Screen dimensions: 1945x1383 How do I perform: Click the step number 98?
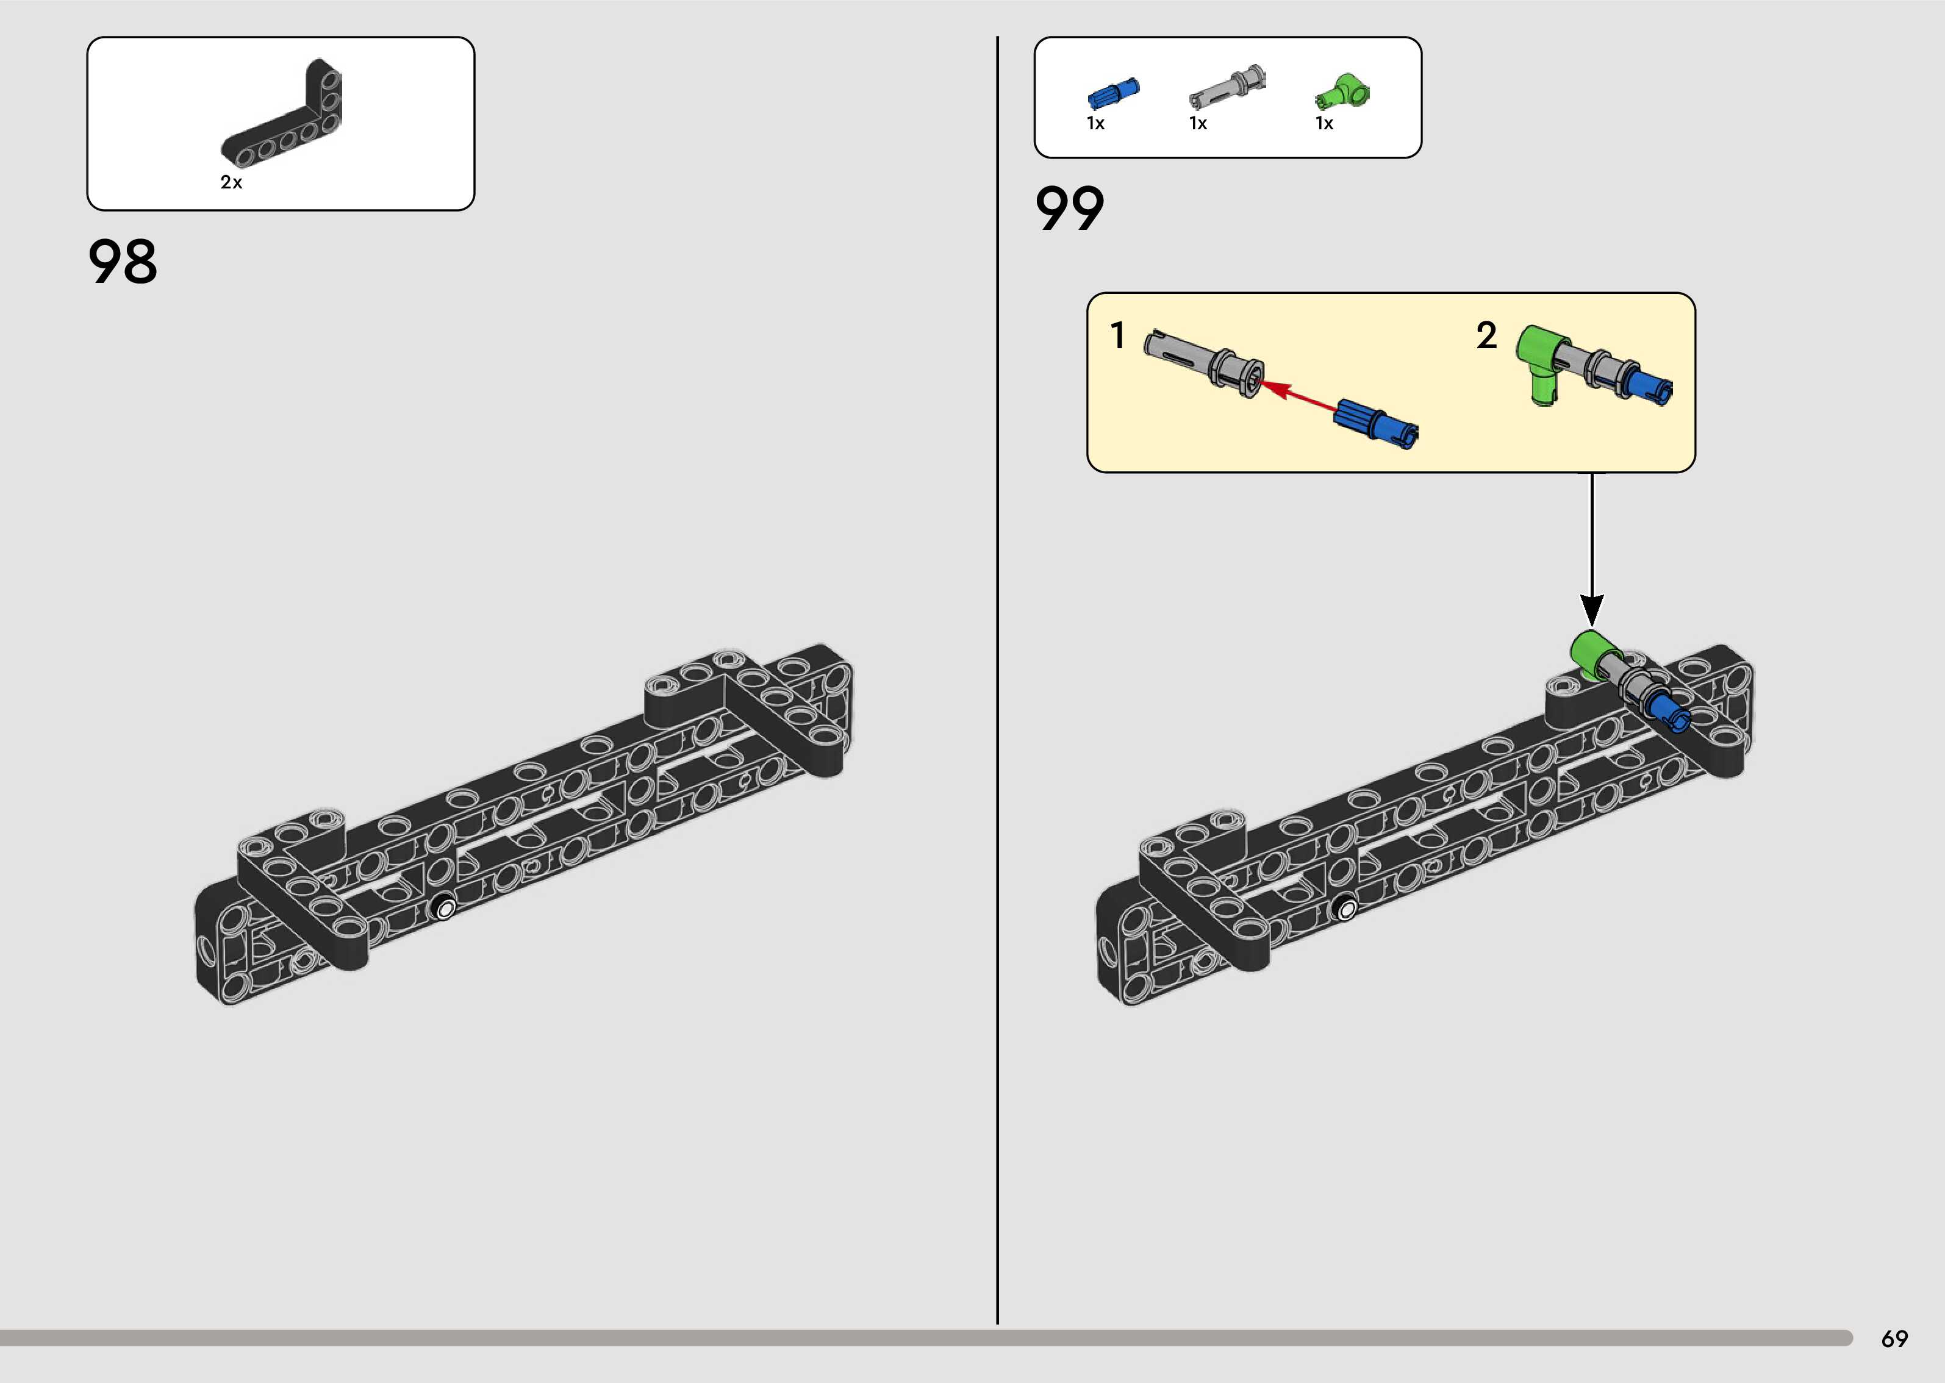[123, 262]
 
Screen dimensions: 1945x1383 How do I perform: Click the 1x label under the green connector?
[1324, 123]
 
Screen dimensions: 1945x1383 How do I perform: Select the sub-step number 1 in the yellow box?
[1118, 335]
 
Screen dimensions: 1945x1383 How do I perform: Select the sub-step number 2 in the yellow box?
[1486, 335]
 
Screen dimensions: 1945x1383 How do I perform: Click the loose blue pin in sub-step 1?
[1376, 423]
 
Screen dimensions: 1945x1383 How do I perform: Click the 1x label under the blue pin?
[1096, 123]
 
